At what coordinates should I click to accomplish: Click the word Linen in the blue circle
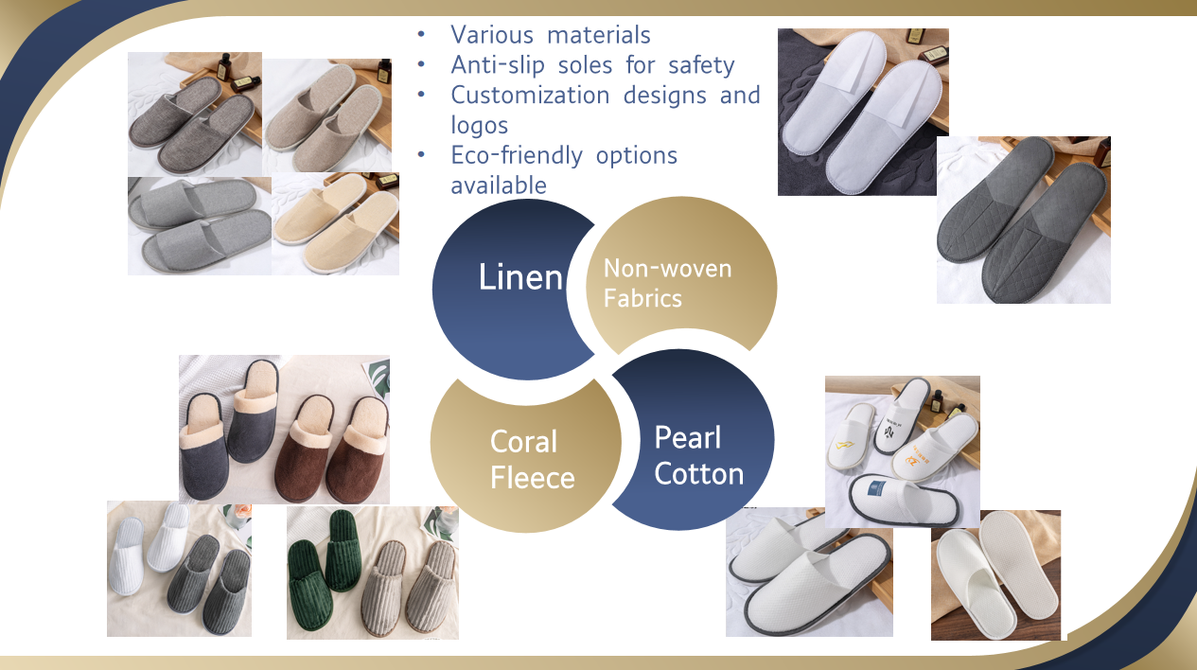(520, 277)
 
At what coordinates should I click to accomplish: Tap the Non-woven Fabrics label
(667, 283)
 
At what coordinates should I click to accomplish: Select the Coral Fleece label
(532, 460)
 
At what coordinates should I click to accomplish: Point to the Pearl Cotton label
(699, 456)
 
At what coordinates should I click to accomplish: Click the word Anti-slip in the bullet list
(498, 65)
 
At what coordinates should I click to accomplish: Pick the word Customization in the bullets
(530, 95)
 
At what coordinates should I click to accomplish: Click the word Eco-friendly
(517, 155)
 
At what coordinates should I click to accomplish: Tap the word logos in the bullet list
(480, 126)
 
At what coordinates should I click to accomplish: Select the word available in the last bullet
(499, 185)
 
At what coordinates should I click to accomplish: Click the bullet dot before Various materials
(421, 35)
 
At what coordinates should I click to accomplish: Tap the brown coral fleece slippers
(331, 449)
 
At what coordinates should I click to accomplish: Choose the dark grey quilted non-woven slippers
(1022, 218)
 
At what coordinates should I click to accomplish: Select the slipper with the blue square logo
(903, 500)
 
